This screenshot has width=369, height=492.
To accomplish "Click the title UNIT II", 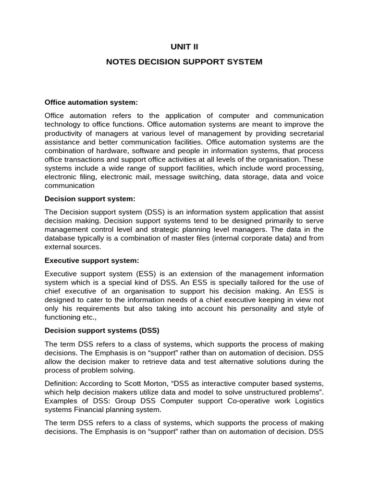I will [184, 47].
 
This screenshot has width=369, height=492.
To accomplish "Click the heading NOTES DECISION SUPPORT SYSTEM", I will [184, 62].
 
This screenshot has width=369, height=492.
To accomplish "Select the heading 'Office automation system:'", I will [91, 102].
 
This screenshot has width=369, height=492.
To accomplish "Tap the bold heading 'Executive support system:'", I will [92, 260].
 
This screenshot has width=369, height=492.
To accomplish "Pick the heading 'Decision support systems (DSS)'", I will [102, 331].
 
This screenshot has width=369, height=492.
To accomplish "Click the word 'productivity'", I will [65, 133].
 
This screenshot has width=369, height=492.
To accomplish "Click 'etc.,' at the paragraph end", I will [91, 317].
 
